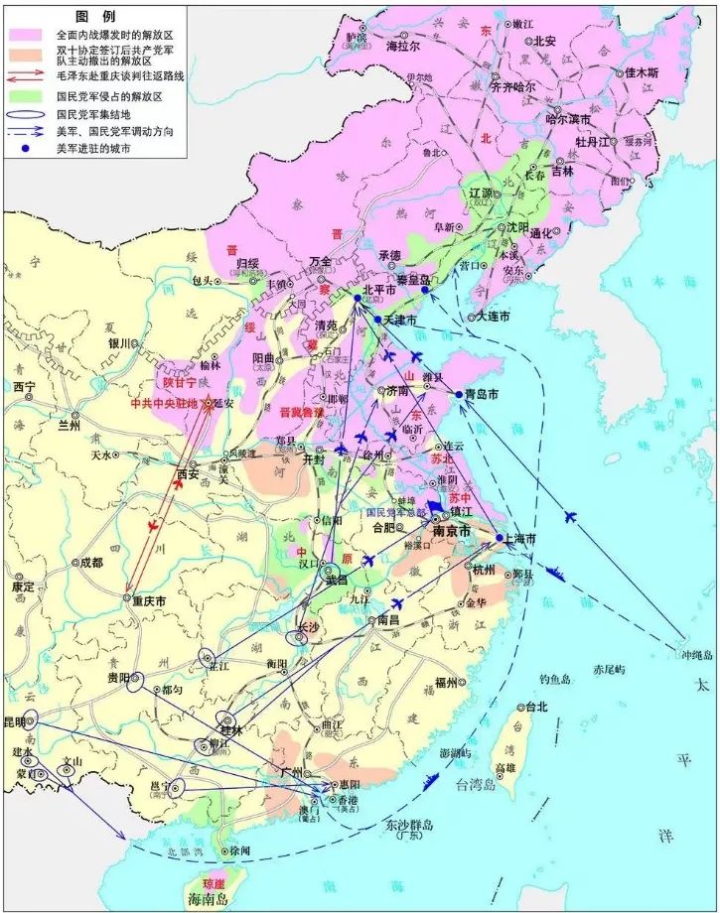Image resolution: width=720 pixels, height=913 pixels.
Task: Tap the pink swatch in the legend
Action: click(28, 33)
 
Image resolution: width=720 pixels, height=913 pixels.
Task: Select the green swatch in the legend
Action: click(28, 96)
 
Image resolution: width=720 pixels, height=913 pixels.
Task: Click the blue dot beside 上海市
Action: click(500, 537)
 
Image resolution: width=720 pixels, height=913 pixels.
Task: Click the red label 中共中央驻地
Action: click(165, 404)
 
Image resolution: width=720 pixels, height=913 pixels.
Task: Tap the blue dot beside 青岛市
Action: click(459, 394)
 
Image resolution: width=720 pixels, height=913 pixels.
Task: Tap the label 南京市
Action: click(456, 531)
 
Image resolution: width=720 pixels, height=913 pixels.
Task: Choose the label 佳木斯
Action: click(644, 72)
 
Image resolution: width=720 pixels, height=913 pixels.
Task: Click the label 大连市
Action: click(493, 316)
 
